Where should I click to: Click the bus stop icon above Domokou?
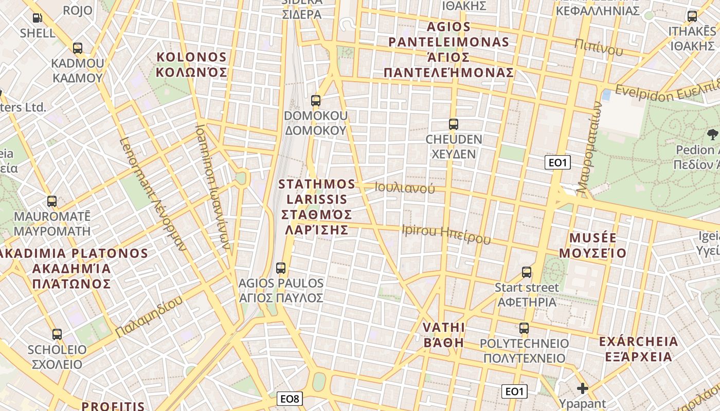coord(316,101)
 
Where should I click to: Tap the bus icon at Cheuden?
coord(453,124)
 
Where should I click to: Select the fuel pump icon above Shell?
coord(38,18)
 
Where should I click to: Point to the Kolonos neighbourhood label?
coord(192,64)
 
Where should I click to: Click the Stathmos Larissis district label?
coord(317,207)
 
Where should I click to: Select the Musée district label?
coord(592,245)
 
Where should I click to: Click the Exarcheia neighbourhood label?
coord(638,349)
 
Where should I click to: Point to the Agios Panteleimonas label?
coord(448,49)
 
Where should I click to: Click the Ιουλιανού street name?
coord(405,188)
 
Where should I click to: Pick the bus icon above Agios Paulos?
coord(281,268)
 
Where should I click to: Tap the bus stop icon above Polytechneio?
coord(524,328)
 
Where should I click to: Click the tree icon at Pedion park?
coord(712,135)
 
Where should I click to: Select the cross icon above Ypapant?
coord(582,388)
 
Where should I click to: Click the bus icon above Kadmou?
coord(78,48)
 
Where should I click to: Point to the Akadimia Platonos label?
coord(72,268)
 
